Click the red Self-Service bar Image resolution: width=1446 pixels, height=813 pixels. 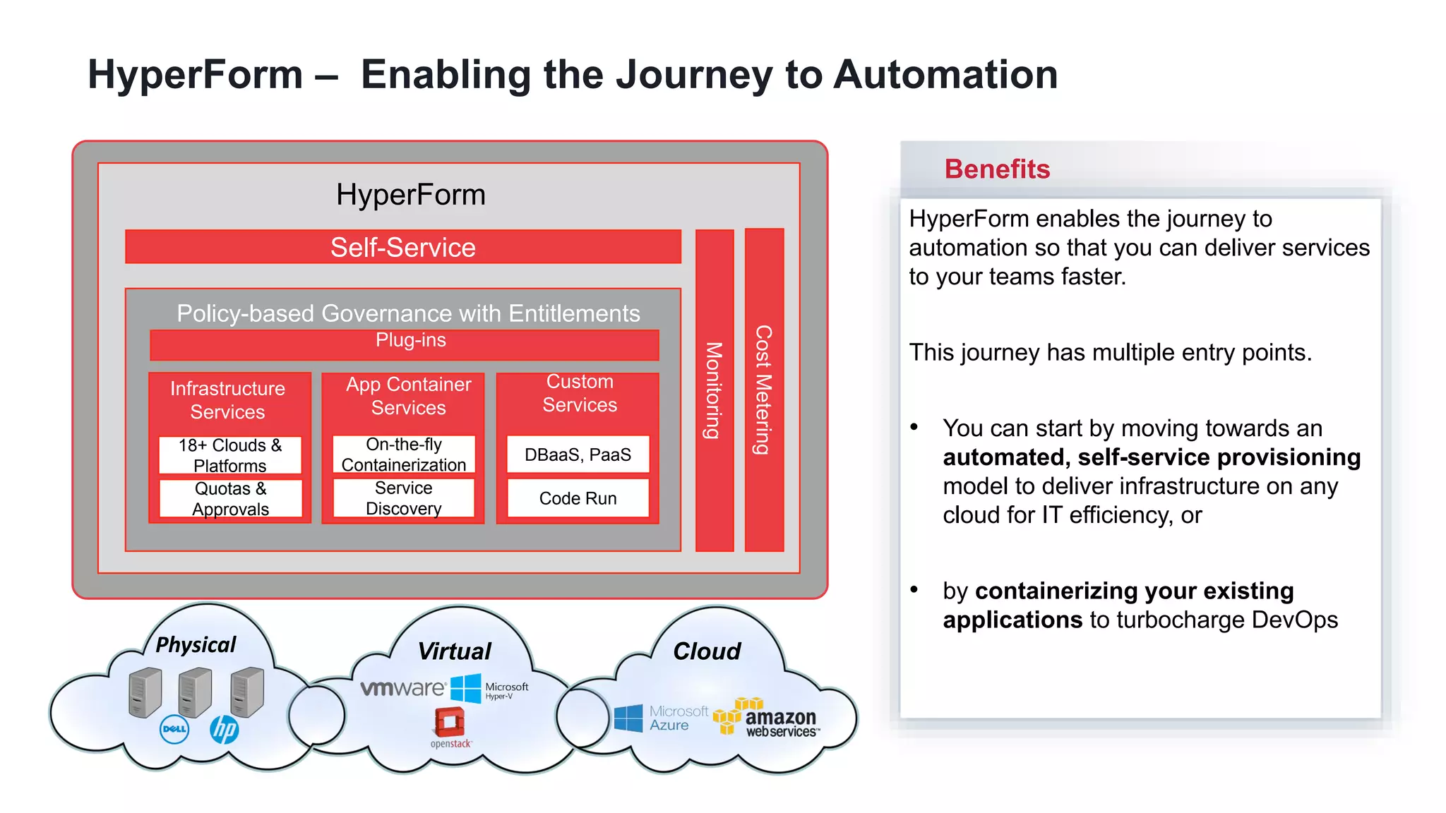pyautogui.click(x=402, y=247)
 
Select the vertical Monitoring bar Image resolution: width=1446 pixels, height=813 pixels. pyautogui.click(x=715, y=390)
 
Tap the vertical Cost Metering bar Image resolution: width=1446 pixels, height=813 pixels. pyautogui.click(x=764, y=390)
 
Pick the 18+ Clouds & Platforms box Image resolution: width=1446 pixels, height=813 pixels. pyautogui.click(x=230, y=455)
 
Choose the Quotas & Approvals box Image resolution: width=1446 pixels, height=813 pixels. pyautogui.click(x=230, y=498)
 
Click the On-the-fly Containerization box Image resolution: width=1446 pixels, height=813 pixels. pyautogui.click(x=404, y=454)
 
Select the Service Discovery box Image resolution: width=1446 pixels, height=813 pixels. pyautogui.click(x=404, y=498)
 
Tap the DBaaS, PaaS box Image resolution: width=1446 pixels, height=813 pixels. pyautogui.click(x=578, y=454)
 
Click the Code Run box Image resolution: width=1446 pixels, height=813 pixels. pyautogui.click(x=578, y=498)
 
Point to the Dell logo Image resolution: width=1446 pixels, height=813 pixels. pyautogui.click(x=174, y=729)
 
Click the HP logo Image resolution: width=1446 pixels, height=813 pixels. pyautogui.click(x=224, y=729)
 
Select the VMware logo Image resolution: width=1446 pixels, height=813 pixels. pyautogui.click(x=402, y=687)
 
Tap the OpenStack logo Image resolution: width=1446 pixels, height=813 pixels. pyautogui.click(x=450, y=727)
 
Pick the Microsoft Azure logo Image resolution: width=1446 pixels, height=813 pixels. pyautogui.click(x=661, y=718)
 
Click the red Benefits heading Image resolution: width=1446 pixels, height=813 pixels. pyautogui.click(x=997, y=169)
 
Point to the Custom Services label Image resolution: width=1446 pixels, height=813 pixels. pyautogui.click(x=579, y=393)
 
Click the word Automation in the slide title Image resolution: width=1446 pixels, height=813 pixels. pyautogui.click(x=945, y=74)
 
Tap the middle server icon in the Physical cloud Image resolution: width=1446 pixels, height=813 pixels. pyautogui.click(x=195, y=692)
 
